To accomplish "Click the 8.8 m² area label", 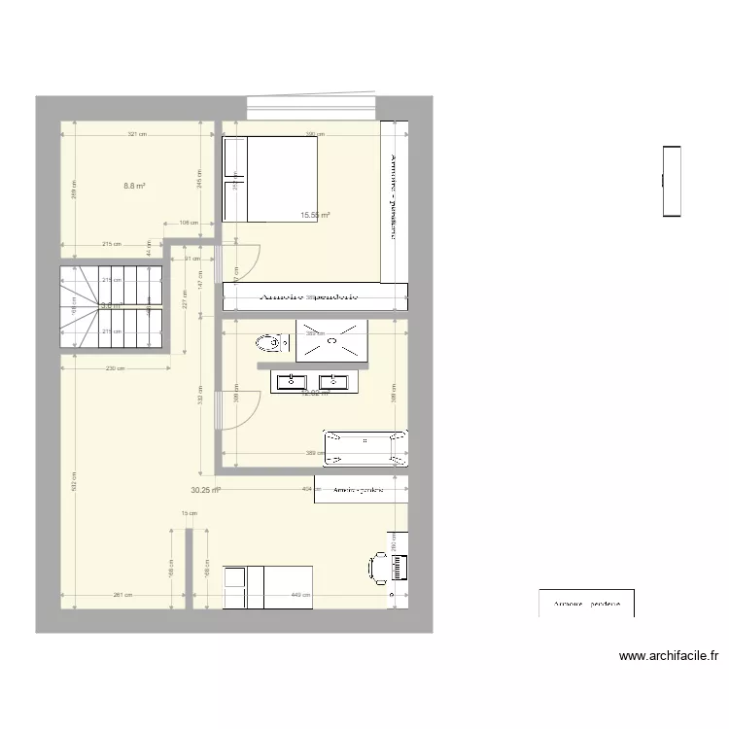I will coord(134,186).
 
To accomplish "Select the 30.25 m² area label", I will coord(205,491).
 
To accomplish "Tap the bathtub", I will coord(365,447).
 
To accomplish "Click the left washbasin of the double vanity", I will coord(292,381).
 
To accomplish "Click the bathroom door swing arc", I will coord(243,407).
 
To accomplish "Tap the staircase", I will coord(110,307).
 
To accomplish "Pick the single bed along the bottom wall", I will coord(268,587).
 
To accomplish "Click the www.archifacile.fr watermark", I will coord(669,656).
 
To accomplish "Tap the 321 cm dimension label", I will coord(136,135).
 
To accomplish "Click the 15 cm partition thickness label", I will coord(189,513).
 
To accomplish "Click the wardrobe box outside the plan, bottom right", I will coord(586,603).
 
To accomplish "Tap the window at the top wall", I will coord(311,106).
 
